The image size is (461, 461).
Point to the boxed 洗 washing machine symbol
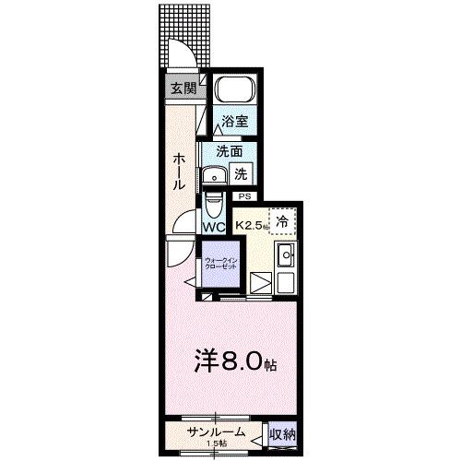(241, 171)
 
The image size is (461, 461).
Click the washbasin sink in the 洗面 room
(218, 175)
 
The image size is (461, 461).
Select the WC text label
(214, 226)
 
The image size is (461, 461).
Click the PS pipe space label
(245, 196)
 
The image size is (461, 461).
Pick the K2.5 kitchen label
(251, 224)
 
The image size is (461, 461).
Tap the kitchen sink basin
(285, 256)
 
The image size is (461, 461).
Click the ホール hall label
(179, 171)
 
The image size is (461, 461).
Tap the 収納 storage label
(282, 433)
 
